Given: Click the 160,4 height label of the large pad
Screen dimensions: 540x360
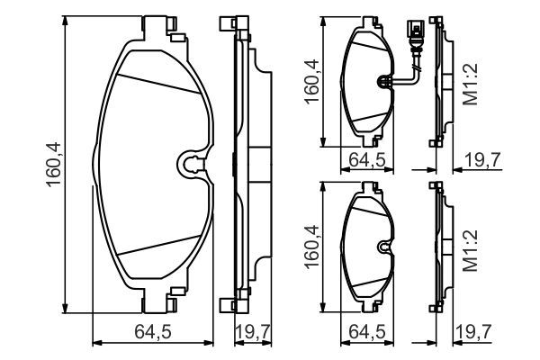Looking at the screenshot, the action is point(54,165).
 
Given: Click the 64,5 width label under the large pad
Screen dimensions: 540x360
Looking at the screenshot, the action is point(153,332).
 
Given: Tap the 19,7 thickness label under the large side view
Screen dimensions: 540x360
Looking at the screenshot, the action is point(252,332).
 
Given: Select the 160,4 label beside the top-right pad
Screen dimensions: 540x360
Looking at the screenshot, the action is point(311,81).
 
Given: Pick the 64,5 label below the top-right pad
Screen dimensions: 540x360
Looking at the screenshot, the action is point(367,160).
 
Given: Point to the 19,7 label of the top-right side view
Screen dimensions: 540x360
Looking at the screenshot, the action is point(482,160).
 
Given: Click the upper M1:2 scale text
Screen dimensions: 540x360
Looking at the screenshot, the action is point(471,84).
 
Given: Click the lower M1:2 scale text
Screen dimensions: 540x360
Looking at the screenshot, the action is point(471,250).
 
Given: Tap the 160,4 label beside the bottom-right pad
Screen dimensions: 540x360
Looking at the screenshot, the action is point(311,247).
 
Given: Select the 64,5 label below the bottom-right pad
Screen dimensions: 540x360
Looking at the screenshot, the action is point(367,332).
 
